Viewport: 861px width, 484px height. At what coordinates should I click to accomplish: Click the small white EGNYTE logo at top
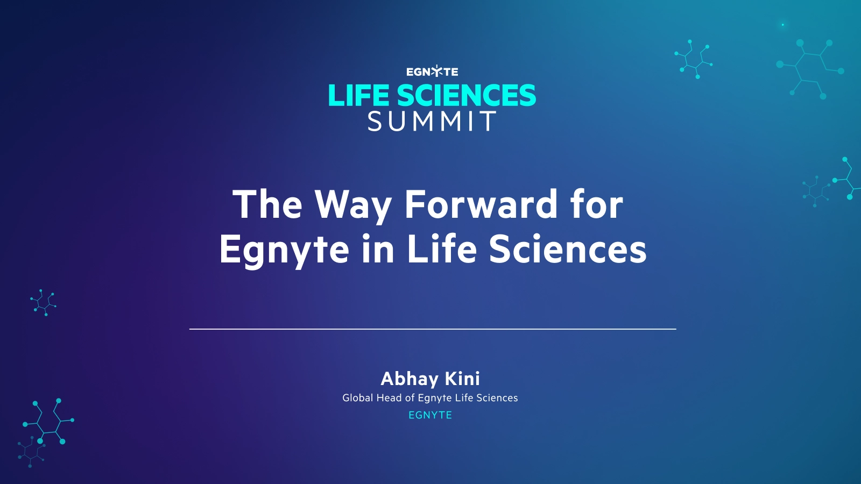(x=432, y=72)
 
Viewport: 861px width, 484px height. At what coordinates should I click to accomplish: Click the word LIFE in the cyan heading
(x=358, y=96)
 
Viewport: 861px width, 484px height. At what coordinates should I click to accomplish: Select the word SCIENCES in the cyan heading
(x=466, y=96)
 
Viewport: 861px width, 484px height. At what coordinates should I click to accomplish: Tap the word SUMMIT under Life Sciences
(x=432, y=122)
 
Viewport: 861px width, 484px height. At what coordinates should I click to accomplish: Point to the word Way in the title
(x=353, y=206)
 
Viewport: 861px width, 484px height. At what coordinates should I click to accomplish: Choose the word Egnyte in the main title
(x=284, y=251)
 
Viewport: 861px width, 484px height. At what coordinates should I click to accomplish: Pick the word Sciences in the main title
(x=568, y=250)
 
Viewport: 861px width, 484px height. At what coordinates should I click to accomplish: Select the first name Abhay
(x=410, y=379)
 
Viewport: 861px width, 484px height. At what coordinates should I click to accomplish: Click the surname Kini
(x=462, y=379)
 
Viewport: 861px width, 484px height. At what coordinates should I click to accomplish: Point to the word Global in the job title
(x=358, y=398)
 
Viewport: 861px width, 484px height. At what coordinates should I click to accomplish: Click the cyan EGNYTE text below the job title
(x=430, y=415)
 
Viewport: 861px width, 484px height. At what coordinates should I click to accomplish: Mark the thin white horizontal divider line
(x=432, y=329)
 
